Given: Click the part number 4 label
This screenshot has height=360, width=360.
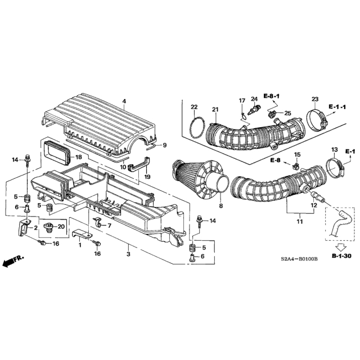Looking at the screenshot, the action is pyautogui.click(x=124, y=101).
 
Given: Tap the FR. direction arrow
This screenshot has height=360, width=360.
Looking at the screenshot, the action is pyautogui.click(x=12, y=261).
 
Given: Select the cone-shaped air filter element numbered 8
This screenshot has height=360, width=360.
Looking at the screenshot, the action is pyautogui.click(x=200, y=181).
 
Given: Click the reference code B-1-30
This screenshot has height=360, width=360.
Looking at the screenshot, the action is pyautogui.click(x=341, y=255).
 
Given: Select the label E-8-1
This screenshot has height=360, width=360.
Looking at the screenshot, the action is pyautogui.click(x=271, y=96).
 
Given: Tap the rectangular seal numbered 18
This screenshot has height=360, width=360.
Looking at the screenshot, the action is pyautogui.click(x=57, y=152).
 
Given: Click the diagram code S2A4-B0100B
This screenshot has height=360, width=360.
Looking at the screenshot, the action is pyautogui.click(x=299, y=259).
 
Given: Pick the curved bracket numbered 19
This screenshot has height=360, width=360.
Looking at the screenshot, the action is pyautogui.click(x=138, y=164).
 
